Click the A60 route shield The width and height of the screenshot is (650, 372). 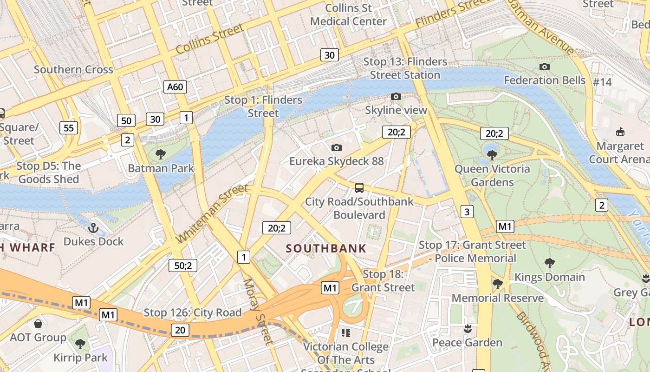pyautogui.click(x=175, y=86)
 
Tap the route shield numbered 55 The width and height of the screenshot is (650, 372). pyautogui.click(x=69, y=128)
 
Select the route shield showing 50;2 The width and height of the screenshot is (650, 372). pyautogui.click(x=183, y=266)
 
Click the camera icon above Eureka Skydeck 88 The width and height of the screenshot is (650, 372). pyautogui.click(x=337, y=148)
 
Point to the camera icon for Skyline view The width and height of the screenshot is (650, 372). pyautogui.click(x=396, y=97)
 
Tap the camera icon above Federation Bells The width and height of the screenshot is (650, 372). pyautogui.click(x=545, y=67)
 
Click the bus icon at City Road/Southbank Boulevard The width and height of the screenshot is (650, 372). pyautogui.click(x=359, y=188)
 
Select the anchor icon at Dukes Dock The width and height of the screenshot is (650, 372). pyautogui.click(x=93, y=228)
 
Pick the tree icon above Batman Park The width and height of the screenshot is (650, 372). pyautogui.click(x=161, y=154)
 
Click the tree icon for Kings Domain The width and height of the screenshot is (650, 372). pyautogui.click(x=550, y=263)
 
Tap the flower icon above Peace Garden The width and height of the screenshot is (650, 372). pyautogui.click(x=468, y=329)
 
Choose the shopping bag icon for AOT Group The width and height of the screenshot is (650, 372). pyautogui.click(x=38, y=324)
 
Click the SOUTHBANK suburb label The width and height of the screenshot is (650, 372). pyautogui.click(x=326, y=248)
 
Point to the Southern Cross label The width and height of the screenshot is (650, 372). pyautogui.click(x=73, y=70)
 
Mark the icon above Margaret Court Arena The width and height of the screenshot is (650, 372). pyautogui.click(x=620, y=132)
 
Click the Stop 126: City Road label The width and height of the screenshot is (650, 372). pyautogui.click(x=193, y=312)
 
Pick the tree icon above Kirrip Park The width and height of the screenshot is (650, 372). pyautogui.click(x=80, y=344)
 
